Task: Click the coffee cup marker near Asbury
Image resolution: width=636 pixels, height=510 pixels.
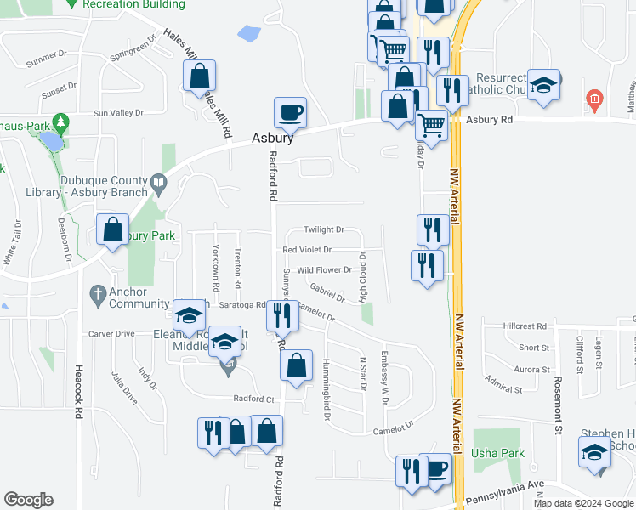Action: point(290,112)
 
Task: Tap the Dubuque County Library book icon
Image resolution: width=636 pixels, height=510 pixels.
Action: point(158,181)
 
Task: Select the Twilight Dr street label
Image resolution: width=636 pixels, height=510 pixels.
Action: point(324,229)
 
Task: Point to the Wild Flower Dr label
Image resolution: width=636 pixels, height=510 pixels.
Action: point(324,270)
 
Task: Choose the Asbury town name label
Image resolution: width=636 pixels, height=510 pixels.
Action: point(273,138)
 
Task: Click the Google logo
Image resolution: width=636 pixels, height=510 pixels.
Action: point(28,500)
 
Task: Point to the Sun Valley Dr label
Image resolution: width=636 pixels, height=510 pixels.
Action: point(115,112)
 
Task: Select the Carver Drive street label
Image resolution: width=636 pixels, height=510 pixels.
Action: point(111,334)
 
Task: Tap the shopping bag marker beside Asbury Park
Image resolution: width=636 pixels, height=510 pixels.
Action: point(112,229)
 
